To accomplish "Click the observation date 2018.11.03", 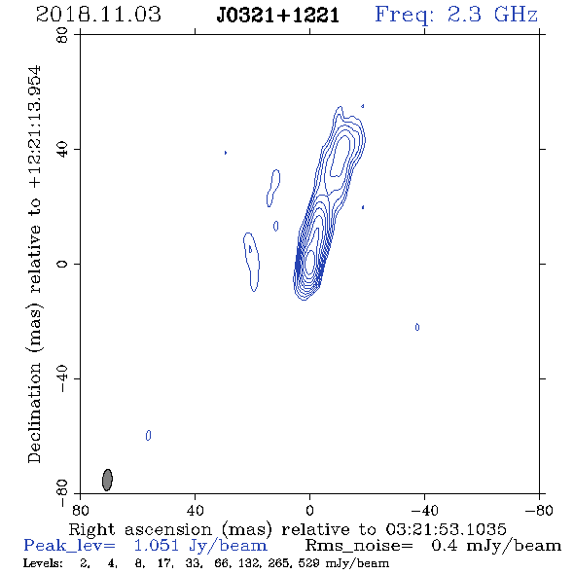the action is (98, 15).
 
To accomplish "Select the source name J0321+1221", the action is (277, 16).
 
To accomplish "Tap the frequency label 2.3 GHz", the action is (492, 15).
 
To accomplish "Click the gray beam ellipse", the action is (107, 480).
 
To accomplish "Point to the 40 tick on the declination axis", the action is (62, 150).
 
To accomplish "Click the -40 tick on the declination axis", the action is (62, 378).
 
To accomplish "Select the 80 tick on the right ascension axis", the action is (80, 510).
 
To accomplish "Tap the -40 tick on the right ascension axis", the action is (424, 510).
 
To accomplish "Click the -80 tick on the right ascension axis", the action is (539, 510).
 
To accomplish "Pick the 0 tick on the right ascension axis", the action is (309, 510).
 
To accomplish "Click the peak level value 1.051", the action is (157, 546).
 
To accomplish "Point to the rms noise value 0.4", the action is (444, 546).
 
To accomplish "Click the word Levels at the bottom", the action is (43, 562).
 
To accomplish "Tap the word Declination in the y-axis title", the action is (34, 413).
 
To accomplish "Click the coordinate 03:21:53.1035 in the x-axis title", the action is (446, 529).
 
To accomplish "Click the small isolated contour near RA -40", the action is (417, 327).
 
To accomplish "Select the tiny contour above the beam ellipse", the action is (148, 435).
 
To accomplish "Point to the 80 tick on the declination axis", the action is (62, 35).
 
